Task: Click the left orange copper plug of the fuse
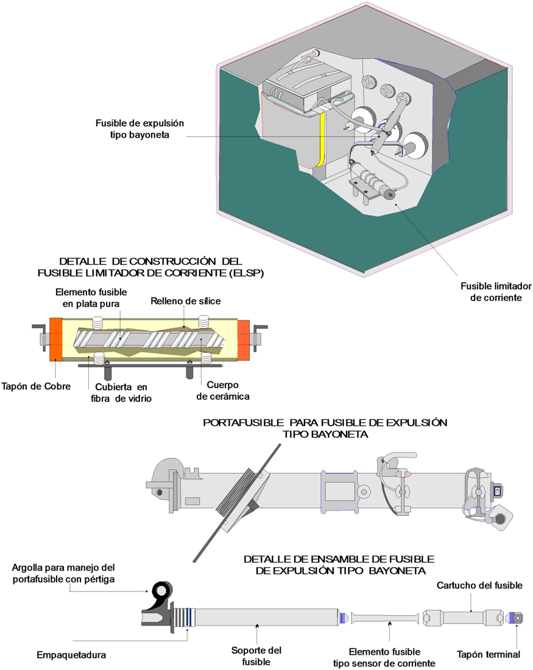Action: (x=55, y=339)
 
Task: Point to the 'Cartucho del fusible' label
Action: (x=479, y=586)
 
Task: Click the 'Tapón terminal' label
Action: (x=489, y=655)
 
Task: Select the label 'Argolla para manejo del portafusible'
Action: (x=63, y=573)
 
